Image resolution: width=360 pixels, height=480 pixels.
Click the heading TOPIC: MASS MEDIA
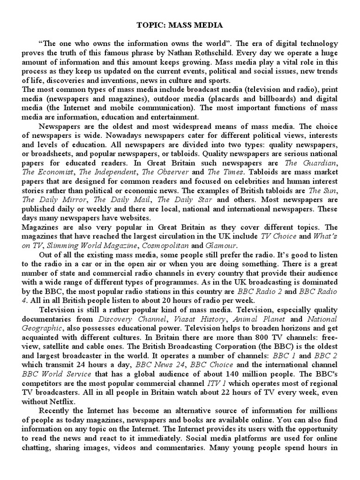click(180, 25)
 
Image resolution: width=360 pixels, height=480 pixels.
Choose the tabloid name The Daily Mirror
click(52, 199)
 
